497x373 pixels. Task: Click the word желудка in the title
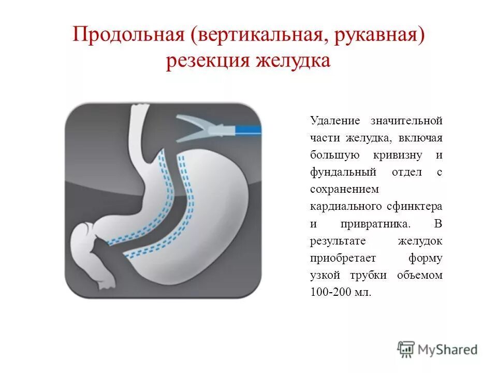pyautogui.click(x=294, y=61)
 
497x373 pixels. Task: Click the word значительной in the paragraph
pyautogui.click(x=406, y=121)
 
